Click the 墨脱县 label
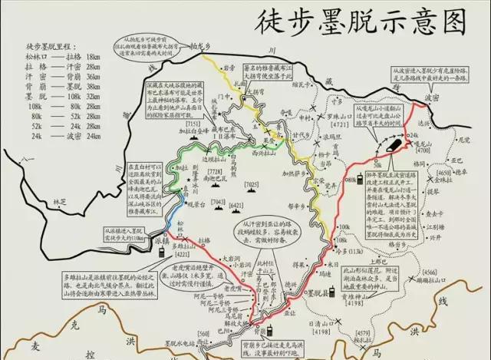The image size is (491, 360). (315, 292)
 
